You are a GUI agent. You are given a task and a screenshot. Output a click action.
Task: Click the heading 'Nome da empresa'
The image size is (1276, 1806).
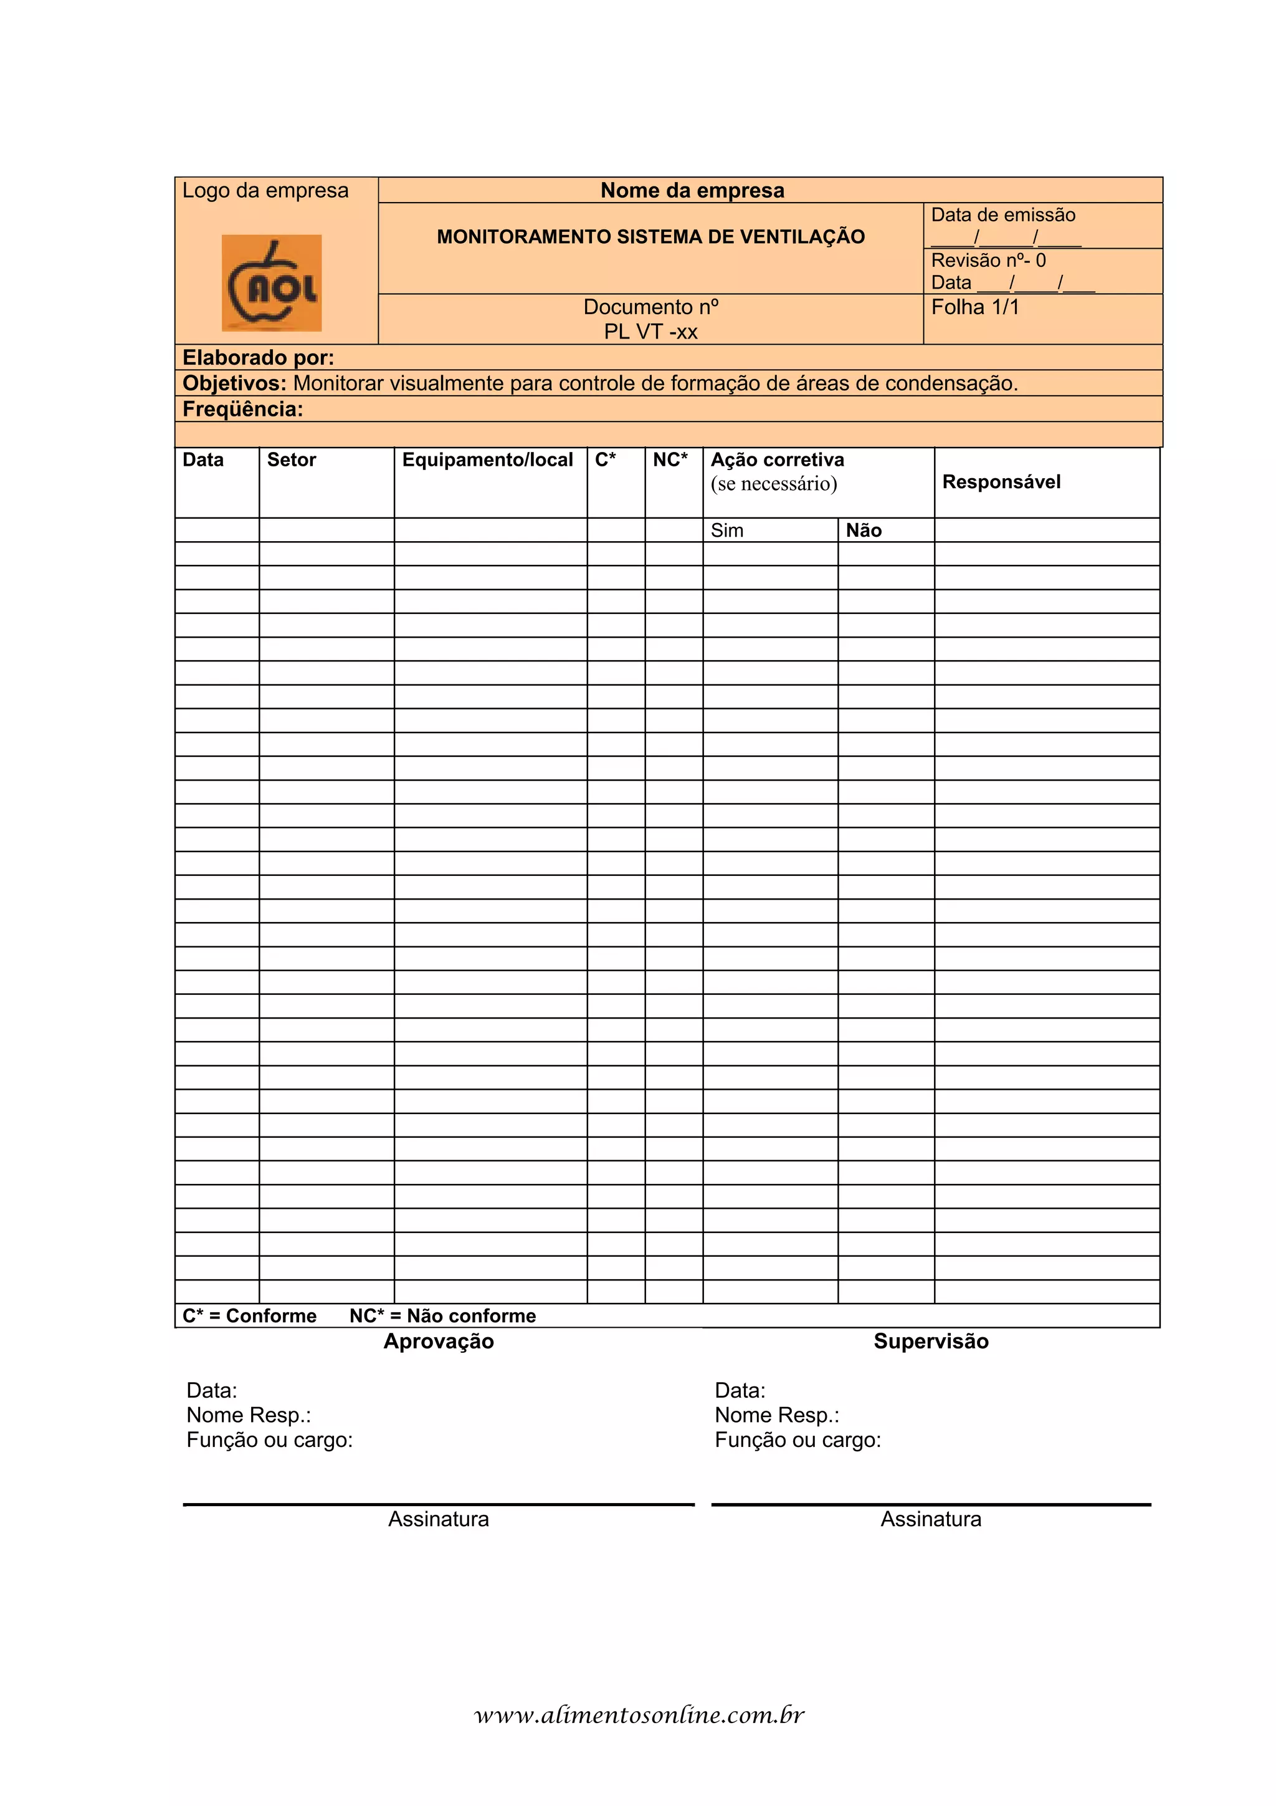[692, 190]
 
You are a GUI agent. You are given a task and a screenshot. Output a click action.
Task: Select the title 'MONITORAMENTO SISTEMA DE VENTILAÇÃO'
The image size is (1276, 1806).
[650, 237]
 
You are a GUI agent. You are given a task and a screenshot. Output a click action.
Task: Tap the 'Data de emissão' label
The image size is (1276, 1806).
[1002, 214]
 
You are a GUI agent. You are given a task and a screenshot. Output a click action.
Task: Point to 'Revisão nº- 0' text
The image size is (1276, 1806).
[988, 261]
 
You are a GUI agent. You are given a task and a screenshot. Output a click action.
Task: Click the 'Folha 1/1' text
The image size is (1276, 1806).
[975, 307]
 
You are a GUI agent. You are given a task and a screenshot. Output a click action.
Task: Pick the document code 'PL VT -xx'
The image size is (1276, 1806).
[650, 332]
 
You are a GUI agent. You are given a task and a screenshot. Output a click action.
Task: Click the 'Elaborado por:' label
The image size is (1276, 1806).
[259, 358]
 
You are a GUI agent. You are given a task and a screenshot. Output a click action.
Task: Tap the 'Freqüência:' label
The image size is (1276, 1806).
[243, 409]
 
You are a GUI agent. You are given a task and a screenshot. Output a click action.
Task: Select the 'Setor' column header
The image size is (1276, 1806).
[292, 460]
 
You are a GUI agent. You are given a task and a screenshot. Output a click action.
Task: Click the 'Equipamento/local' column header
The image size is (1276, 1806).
[487, 460]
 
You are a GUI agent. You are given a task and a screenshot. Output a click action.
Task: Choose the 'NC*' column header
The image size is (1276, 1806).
[670, 460]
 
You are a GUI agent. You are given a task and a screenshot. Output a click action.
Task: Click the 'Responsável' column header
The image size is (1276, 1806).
[1001, 482]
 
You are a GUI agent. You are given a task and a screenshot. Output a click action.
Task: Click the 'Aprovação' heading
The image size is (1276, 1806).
[439, 1341]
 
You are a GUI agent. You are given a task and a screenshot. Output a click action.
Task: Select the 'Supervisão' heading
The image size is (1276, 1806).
[931, 1341]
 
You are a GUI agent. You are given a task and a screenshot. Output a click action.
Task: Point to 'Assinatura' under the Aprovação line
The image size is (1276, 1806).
[439, 1519]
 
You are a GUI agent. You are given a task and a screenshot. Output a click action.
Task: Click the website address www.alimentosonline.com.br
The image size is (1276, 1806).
[639, 1716]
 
